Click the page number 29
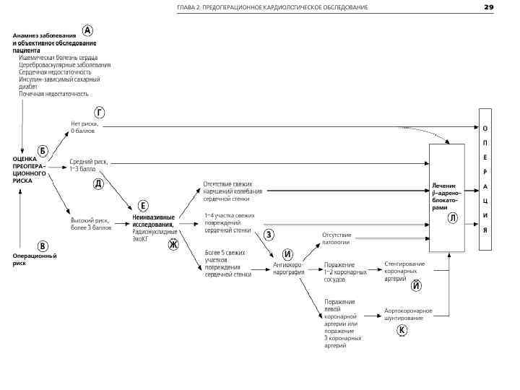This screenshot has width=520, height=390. pyautogui.click(x=488, y=7)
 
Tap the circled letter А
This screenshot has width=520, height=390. pyautogui.click(x=87, y=32)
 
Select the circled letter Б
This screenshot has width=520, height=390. pyautogui.click(x=43, y=150)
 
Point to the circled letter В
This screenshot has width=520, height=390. pyautogui.click(x=43, y=246)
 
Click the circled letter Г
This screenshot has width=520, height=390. pyautogui.click(x=100, y=112)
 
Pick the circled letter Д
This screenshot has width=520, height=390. pyautogui.click(x=98, y=184)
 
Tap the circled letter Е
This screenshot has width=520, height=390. pyautogui.click(x=143, y=206)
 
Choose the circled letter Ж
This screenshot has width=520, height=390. pyautogui.click(x=173, y=244)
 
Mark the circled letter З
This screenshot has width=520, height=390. pyautogui.click(x=269, y=234)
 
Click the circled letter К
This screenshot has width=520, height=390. pyautogui.click(x=402, y=330)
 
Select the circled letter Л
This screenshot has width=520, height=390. pyautogui.click(x=452, y=217)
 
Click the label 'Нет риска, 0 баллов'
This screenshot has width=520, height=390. pyautogui.click(x=84, y=127)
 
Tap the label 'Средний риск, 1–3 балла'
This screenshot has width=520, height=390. pyautogui.click(x=88, y=165)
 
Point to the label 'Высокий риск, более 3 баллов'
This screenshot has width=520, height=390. pyautogui.click(x=90, y=223)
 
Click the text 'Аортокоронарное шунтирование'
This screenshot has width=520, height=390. pyautogui.click(x=408, y=313)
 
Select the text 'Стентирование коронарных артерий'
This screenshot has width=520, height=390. pyautogui.click(x=404, y=271)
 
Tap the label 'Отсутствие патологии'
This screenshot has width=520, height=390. pyautogui.click(x=337, y=238)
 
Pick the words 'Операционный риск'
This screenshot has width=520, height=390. pyautogui.click(x=34, y=259)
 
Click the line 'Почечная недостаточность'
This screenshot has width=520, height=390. pyautogui.click(x=53, y=94)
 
